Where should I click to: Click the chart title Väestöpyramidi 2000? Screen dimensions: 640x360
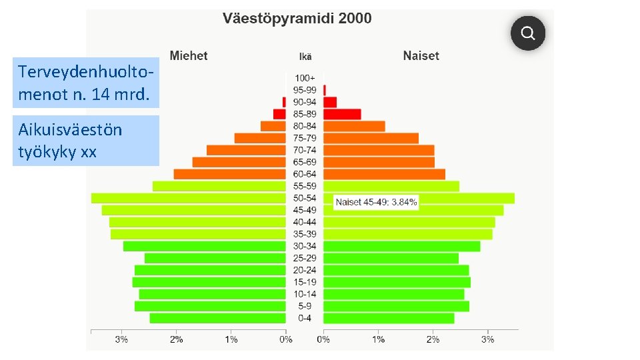coord(297,19)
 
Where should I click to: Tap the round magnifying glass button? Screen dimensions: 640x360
coord(528,33)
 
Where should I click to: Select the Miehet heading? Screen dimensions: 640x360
coord(189,55)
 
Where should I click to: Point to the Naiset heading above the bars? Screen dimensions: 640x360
coord(421,55)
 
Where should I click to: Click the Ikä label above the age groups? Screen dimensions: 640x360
coord(305,57)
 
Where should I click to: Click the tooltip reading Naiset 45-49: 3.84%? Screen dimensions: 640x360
coord(376,202)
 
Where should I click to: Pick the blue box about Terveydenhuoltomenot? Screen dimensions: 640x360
coord(86,83)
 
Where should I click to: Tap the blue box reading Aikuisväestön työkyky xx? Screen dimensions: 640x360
coord(86,141)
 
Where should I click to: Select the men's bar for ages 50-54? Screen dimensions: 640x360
coord(189,199)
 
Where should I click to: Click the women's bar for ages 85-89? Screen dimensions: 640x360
coord(342,114)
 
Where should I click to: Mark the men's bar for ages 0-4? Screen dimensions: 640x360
coord(217,319)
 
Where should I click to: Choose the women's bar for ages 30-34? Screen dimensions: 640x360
coord(401,247)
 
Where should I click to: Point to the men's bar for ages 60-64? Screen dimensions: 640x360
coord(230,174)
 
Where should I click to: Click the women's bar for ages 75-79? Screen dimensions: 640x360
coord(371,139)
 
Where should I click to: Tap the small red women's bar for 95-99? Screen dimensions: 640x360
coord(325,90)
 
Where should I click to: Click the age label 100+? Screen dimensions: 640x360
coord(305,78)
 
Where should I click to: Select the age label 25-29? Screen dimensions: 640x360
coord(305,258)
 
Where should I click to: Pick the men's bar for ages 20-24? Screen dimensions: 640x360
coord(210,270)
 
